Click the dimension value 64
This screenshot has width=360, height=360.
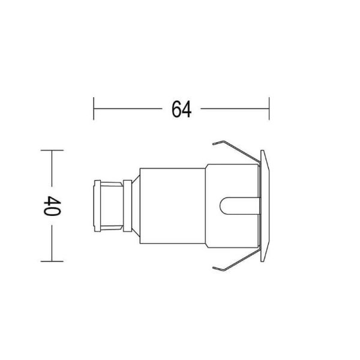(x=181, y=109)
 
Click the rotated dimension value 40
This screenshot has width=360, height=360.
(x=50, y=205)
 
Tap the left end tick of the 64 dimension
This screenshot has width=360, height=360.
(x=94, y=109)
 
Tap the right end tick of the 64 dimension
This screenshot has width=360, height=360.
(x=269, y=109)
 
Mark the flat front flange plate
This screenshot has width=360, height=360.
(x=266, y=205)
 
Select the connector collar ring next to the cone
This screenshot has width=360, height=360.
(x=127, y=205)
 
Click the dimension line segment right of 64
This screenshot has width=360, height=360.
(x=234, y=109)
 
